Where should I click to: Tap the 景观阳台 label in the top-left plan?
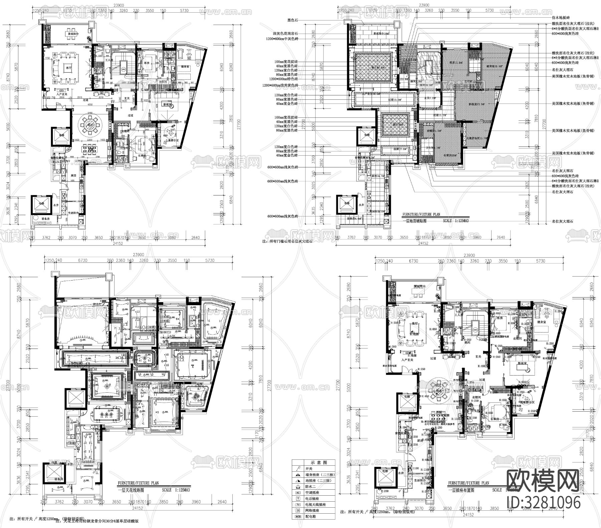[73, 34]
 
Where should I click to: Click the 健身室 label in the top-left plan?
[185, 67]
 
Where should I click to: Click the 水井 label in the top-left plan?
[55, 205]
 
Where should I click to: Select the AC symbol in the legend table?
[297, 492]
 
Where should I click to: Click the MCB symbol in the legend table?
[297, 516]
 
